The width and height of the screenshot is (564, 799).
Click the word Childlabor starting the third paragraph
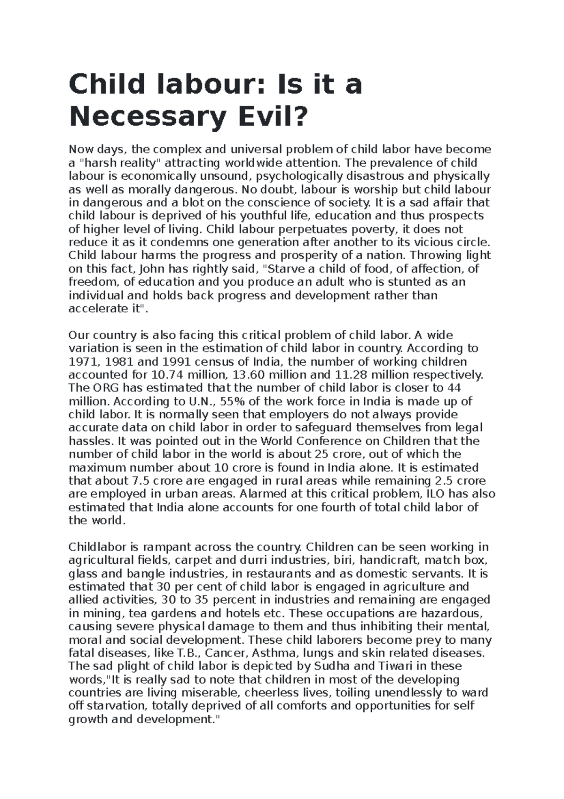click(x=97, y=547)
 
